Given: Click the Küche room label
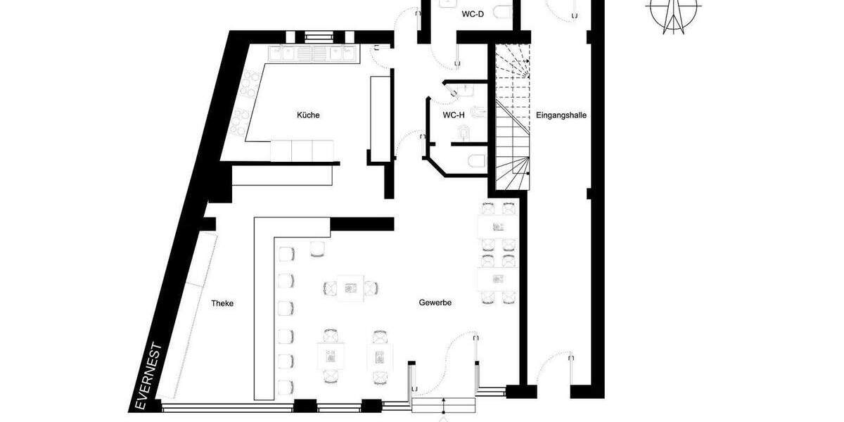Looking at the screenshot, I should click(308, 115).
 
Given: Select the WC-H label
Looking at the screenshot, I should click(453, 115).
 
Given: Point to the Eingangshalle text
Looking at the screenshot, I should click(561, 115).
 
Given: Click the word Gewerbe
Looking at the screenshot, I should click(435, 302).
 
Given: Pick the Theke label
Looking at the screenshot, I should click(222, 304).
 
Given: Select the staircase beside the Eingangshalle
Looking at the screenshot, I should click(512, 120).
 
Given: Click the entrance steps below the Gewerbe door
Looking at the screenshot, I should click(445, 406).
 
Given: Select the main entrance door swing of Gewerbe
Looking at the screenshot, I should click(461, 352).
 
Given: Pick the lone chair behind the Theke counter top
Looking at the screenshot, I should click(318, 248).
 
